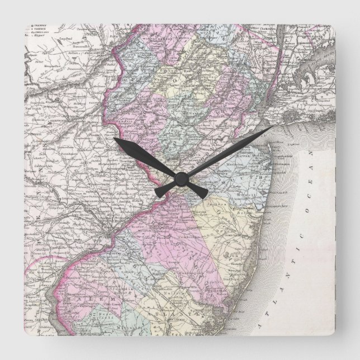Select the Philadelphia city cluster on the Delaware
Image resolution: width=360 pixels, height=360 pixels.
[115, 230]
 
